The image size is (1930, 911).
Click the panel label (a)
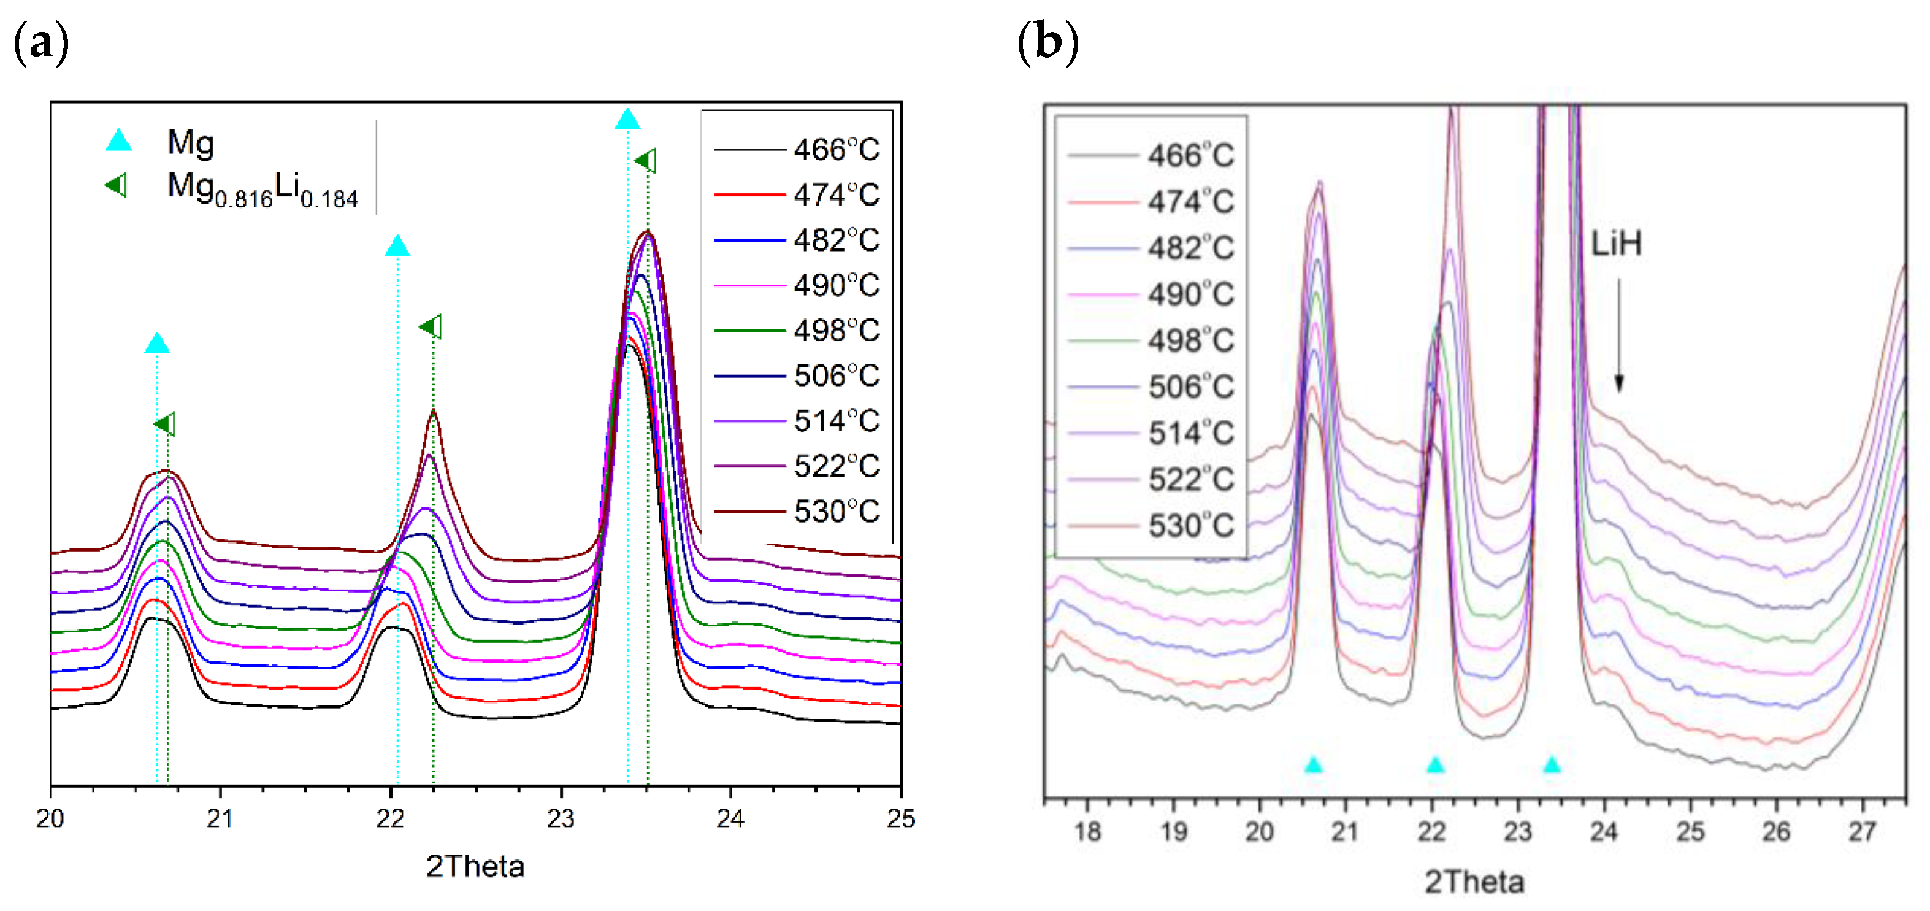tap(41, 43)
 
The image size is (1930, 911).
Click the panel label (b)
tap(1047, 43)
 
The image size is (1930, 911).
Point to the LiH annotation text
tap(1616, 244)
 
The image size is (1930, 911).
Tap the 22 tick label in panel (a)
tap(390, 818)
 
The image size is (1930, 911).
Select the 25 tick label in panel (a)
tap(900, 818)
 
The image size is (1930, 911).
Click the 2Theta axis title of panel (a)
tap(475, 867)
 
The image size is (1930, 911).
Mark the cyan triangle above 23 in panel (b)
tap(1552, 765)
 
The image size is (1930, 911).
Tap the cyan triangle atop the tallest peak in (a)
tap(627, 120)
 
